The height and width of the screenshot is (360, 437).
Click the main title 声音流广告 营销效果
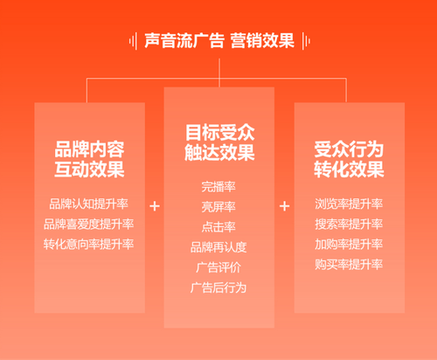tap(219, 40)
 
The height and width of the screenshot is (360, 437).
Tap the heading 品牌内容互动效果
tap(89, 159)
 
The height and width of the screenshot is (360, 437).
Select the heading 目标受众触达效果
tap(219, 142)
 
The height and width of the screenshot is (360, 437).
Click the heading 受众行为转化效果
tap(349, 159)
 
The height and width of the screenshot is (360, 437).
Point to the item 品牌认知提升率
tap(89, 204)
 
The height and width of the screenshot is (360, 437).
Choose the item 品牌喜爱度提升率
tap(89, 224)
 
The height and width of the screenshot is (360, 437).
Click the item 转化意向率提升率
tap(89, 244)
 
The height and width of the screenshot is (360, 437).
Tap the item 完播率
tap(218, 187)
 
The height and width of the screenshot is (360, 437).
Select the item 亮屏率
tap(218, 207)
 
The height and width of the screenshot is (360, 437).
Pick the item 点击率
tap(218, 227)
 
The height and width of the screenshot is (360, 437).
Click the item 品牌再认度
tap(218, 247)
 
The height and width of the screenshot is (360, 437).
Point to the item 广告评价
tap(218, 267)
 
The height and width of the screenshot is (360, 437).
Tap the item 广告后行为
tap(218, 287)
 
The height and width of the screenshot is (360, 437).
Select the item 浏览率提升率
tap(349, 204)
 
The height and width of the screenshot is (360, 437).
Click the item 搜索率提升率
tap(349, 224)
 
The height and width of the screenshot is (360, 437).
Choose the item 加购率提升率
tap(349, 244)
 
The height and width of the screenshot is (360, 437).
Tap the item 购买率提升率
tap(349, 265)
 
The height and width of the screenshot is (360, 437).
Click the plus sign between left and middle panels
tap(155, 206)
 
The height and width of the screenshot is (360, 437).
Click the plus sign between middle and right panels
tap(284, 206)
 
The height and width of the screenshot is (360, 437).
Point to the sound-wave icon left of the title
tap(134, 41)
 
